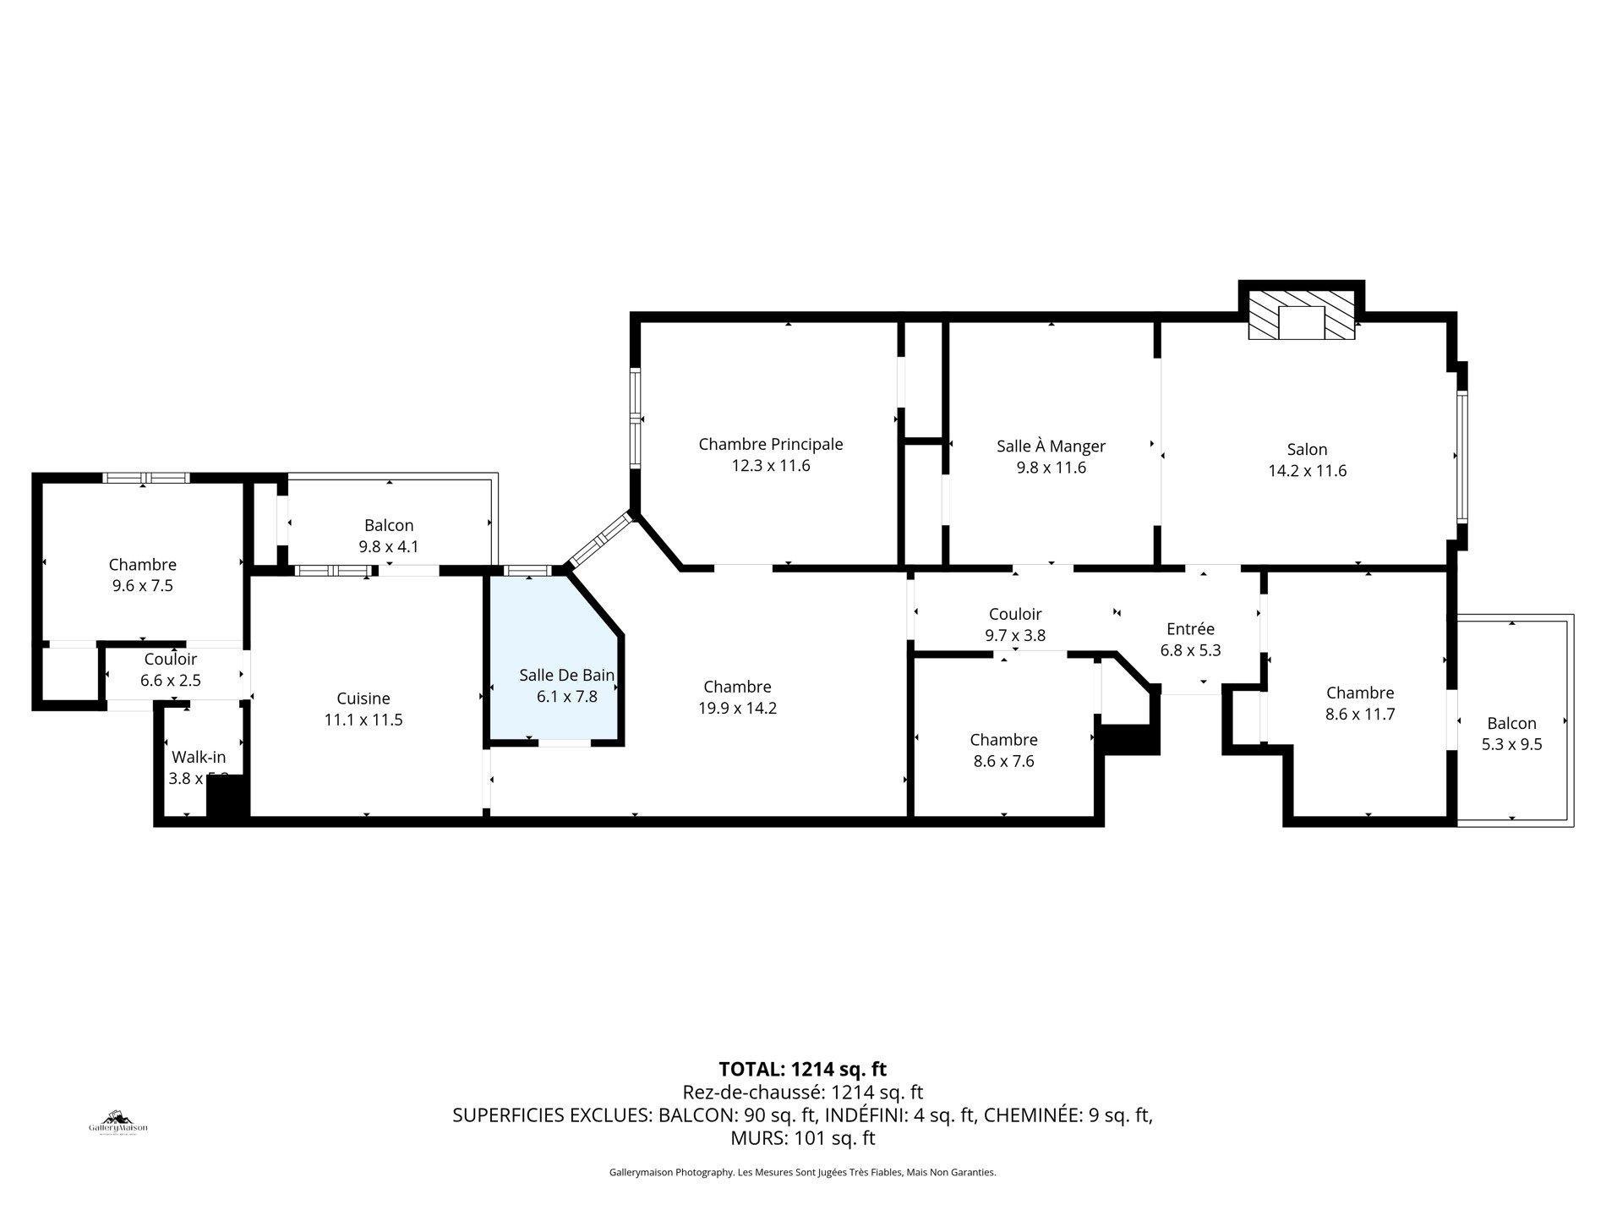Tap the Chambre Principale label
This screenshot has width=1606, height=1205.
point(770,444)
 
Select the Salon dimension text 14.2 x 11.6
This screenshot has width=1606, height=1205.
point(1307,471)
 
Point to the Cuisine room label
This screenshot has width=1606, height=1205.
point(363,698)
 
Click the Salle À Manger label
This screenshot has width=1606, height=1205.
point(1051,446)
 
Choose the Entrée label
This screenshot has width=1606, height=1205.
point(1190,629)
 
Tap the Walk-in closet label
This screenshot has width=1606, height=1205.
point(199,757)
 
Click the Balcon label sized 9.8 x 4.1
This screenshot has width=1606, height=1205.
point(389,526)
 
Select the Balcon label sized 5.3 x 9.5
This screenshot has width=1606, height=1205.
point(1511,723)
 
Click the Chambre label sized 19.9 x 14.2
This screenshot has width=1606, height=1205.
point(737,687)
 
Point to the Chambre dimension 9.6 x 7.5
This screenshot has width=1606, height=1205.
point(142,585)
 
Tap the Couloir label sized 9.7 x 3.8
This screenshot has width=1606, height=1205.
point(1015,614)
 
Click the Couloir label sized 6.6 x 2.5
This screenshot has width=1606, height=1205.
point(170,659)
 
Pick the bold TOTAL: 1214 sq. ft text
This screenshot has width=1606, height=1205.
point(802,1069)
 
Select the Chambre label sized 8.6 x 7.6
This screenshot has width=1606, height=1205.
point(1003,740)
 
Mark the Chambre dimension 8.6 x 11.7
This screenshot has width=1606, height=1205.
point(1359,714)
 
